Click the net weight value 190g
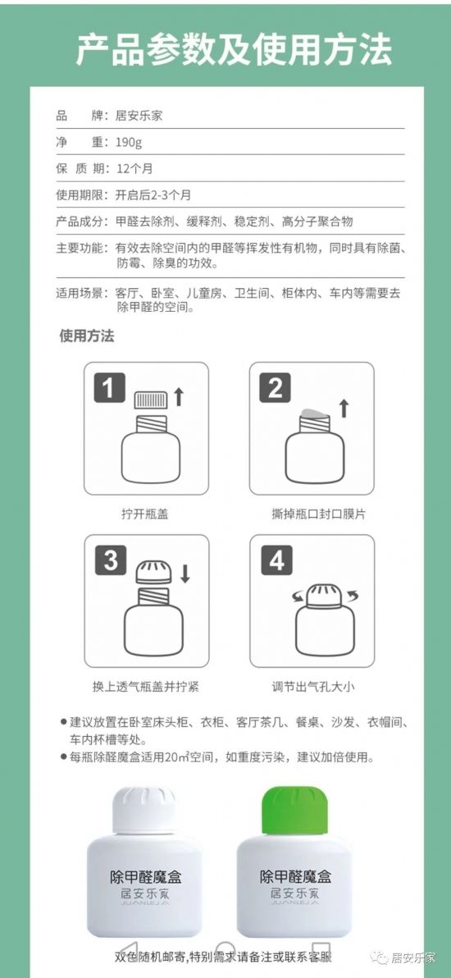pos(129,143)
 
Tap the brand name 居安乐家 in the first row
pos(139,116)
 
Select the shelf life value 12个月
pos(134,169)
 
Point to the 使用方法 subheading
pos(87,336)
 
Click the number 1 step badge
pos(109,389)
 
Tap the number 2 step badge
pos(275,389)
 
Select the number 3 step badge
pos(111,560)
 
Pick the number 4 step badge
pos(276,560)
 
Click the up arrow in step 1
pos(179,396)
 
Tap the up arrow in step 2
pos(344,408)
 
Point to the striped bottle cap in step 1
pos(151,400)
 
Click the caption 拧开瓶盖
pos(144,514)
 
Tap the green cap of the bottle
pos(295,811)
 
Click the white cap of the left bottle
pos(144,811)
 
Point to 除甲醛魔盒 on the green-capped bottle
pos(296,876)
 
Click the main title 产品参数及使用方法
pos(234,49)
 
